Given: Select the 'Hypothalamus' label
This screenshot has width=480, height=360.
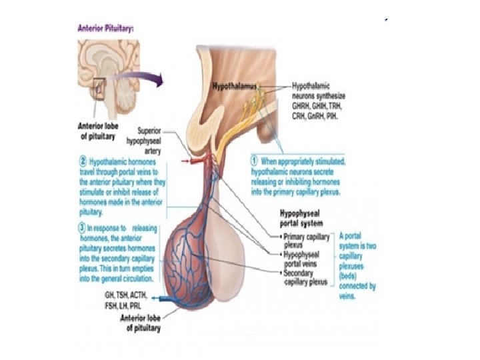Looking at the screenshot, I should click(x=237, y=87).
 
